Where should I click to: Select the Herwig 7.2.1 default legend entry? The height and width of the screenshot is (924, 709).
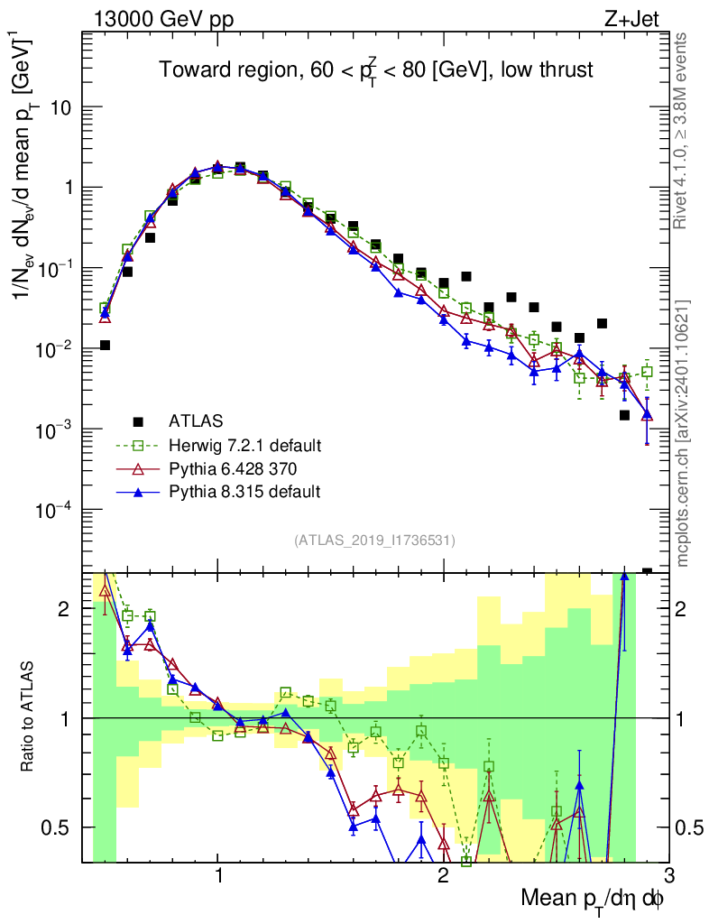(244, 446)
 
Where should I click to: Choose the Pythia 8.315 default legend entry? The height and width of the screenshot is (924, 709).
(244, 492)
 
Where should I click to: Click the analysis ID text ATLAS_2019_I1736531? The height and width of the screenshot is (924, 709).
(374, 541)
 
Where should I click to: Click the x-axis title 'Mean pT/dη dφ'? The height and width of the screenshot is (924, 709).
(594, 899)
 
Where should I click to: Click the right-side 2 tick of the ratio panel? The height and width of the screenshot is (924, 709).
(688, 609)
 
